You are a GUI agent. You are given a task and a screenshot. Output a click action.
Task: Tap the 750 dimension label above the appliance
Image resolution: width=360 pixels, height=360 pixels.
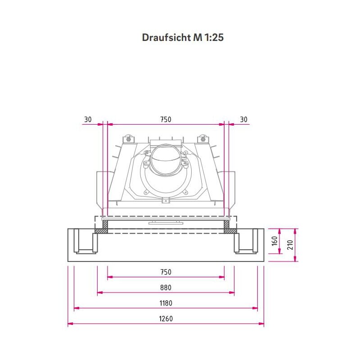click(166, 119)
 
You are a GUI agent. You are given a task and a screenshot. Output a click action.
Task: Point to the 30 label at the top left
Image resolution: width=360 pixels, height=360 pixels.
click(88, 119)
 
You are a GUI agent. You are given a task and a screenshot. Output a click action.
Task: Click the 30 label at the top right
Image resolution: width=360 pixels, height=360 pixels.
click(243, 119)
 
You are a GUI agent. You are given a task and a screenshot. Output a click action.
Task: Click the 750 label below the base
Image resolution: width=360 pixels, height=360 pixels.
click(166, 272)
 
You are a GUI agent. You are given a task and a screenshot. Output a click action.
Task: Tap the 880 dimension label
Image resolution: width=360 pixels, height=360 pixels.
click(166, 288)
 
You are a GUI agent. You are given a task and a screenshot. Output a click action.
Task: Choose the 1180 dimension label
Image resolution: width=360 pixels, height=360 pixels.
click(166, 303)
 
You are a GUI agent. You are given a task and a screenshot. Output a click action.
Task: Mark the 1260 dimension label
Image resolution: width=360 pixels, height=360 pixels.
click(166, 319)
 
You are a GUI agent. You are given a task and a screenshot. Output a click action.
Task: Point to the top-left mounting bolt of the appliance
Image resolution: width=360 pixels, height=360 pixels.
click(129, 138)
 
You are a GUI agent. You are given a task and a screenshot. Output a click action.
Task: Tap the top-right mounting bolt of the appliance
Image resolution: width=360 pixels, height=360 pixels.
click(202, 138)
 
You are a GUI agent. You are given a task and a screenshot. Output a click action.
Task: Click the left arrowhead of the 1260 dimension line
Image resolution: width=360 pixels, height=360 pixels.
click(70, 324)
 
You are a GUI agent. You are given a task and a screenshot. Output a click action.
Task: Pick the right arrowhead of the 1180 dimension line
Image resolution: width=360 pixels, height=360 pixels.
click(255, 308)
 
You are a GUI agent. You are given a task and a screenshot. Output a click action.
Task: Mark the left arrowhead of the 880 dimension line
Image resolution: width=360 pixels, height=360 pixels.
click(99, 292)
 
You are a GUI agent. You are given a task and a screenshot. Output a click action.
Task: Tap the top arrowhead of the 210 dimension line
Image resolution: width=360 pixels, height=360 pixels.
click(295, 231)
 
